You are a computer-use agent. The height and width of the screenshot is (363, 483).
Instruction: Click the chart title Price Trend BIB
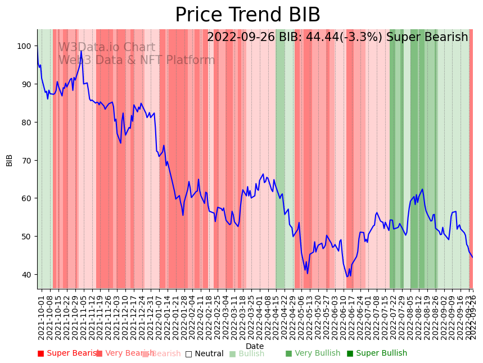pos(247,15)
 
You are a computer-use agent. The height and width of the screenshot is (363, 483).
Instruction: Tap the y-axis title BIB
pos(10,160)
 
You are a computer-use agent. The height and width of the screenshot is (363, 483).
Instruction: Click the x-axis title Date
pos(255,346)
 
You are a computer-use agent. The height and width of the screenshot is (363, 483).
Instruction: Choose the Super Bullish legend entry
pos(377,353)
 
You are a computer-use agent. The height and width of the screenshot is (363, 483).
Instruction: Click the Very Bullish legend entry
pos(313,353)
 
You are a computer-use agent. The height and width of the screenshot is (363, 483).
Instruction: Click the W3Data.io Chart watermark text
pos(106,47)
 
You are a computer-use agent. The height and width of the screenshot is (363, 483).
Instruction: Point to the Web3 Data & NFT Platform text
pos(137,60)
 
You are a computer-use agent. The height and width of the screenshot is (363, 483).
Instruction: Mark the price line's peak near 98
pos(81,52)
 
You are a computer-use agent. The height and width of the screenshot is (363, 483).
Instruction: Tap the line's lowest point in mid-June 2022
pos(347,276)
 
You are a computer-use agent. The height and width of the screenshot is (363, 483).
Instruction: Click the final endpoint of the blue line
pos(472,257)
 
